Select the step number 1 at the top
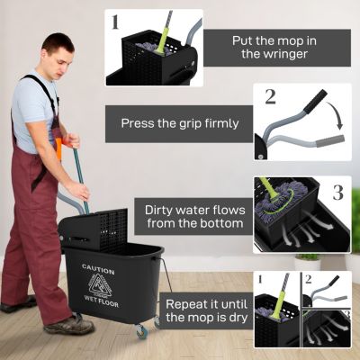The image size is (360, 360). click(x=115, y=22)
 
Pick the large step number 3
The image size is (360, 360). click(x=337, y=193)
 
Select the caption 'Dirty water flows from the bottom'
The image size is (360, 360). click(x=193, y=216)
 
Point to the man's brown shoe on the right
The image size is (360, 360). click(x=70, y=324)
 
